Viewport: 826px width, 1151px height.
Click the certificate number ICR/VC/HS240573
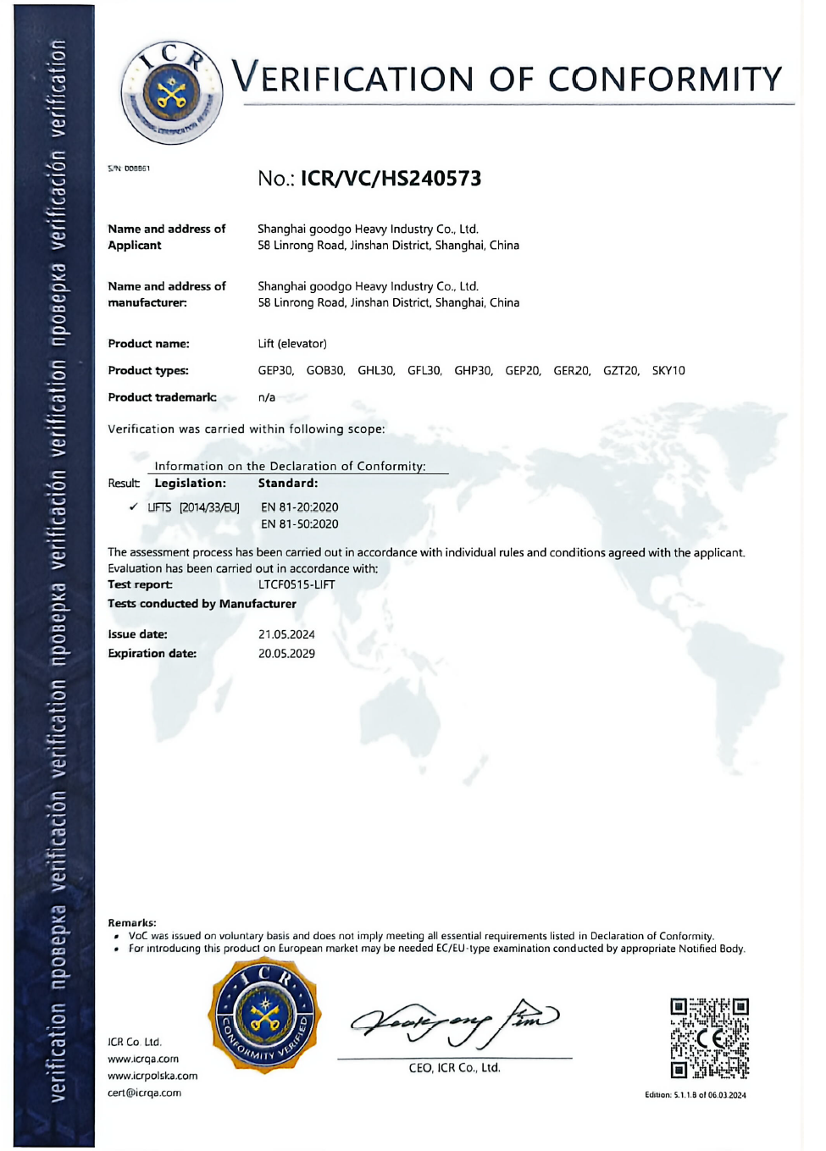point(391,179)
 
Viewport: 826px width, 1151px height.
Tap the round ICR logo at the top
point(172,92)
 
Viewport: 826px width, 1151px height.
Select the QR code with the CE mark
point(709,1038)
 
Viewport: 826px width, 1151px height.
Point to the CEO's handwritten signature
point(454,1021)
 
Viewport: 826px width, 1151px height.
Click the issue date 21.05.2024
point(286,634)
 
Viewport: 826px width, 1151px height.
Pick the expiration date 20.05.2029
point(286,654)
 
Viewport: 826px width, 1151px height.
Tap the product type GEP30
point(275,371)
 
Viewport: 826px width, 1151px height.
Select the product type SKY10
point(668,371)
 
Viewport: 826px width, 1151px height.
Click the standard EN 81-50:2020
point(299,524)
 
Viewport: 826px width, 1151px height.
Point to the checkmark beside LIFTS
point(133,506)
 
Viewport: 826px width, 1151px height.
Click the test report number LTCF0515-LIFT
point(297,585)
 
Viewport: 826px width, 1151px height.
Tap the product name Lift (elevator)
point(292,344)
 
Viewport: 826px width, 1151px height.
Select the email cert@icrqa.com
point(144,1093)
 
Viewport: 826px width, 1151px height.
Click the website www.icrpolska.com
point(152,1076)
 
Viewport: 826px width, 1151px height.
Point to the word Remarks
point(131,922)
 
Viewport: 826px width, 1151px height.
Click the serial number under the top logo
point(129,169)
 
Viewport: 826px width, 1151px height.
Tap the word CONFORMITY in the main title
point(665,80)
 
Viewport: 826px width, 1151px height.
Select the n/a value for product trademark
point(267,397)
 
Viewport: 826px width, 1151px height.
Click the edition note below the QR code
point(696,1095)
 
